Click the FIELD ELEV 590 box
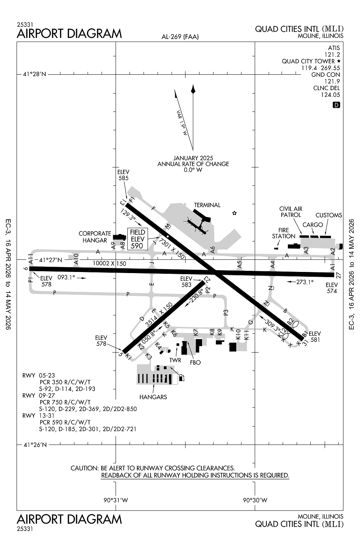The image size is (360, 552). (x=137, y=239)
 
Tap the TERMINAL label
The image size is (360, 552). (x=207, y=205)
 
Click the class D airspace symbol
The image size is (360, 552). (x=336, y=105)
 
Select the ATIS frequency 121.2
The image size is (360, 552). (x=332, y=54)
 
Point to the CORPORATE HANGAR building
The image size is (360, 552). (x=120, y=237)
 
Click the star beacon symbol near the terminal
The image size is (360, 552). (x=234, y=213)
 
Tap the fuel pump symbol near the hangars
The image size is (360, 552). (x=181, y=378)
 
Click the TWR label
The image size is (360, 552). (x=175, y=360)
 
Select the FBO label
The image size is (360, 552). (x=195, y=362)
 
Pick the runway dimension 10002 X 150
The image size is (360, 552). (x=109, y=263)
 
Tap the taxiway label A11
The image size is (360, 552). (x=31, y=258)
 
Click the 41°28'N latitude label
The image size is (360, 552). (x=34, y=74)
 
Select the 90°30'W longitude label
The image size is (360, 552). (x=255, y=500)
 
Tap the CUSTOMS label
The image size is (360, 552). (x=329, y=215)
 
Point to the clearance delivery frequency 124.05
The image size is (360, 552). (x=331, y=95)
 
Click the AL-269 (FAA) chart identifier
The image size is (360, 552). (x=180, y=37)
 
